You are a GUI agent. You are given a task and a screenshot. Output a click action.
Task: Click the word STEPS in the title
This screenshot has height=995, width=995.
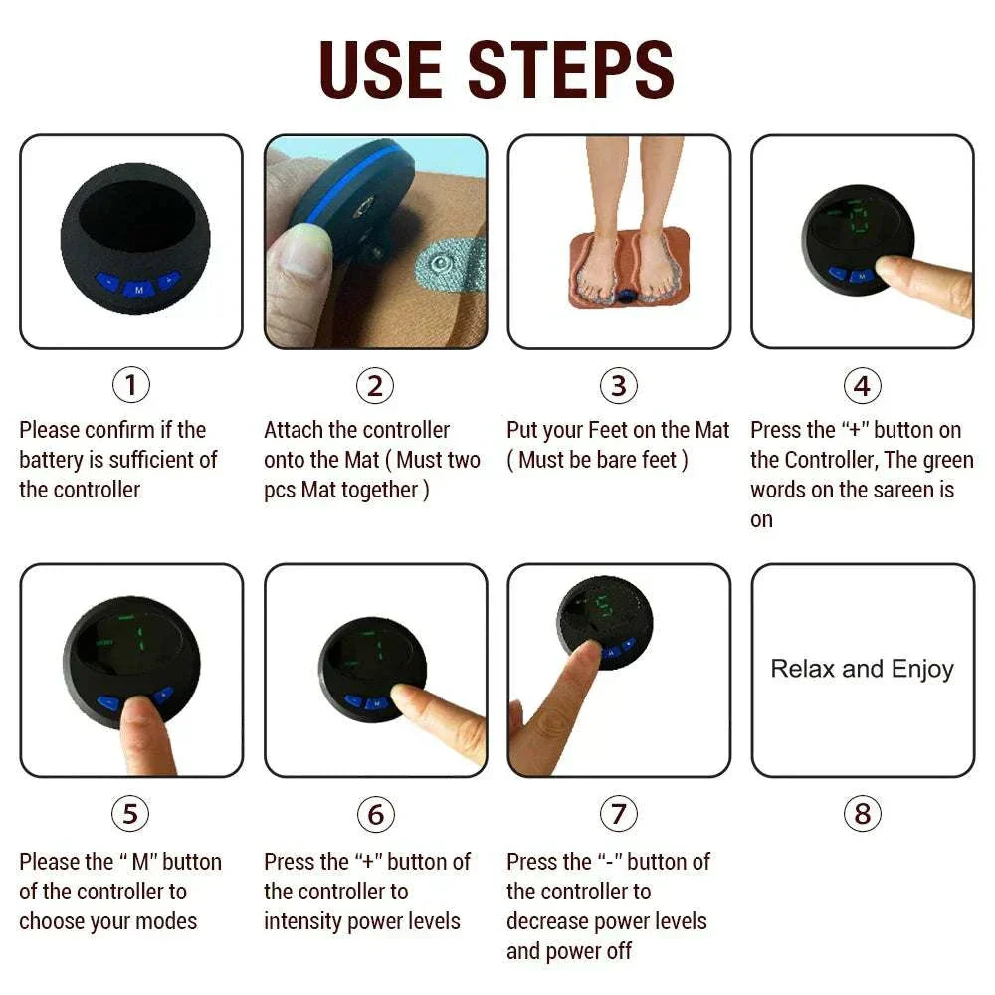[570, 69]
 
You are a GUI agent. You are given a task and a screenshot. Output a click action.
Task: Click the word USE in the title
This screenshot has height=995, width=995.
[381, 69]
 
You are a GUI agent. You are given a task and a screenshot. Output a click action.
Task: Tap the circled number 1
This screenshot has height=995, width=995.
[130, 385]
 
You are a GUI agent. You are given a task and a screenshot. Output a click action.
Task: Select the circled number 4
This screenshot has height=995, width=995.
[862, 385]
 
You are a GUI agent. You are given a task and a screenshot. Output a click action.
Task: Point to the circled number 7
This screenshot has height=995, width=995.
[618, 815]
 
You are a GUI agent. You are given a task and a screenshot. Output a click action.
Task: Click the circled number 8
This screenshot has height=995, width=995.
[862, 815]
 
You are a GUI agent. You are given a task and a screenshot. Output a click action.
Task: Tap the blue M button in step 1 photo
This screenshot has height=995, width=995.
[138, 289]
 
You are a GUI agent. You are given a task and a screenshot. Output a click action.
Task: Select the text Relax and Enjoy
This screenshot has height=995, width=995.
[862, 669]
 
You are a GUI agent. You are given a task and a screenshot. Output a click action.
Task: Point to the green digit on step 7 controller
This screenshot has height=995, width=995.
[601, 605]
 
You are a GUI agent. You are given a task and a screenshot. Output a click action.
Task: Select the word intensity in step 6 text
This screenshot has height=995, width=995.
[304, 921]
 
